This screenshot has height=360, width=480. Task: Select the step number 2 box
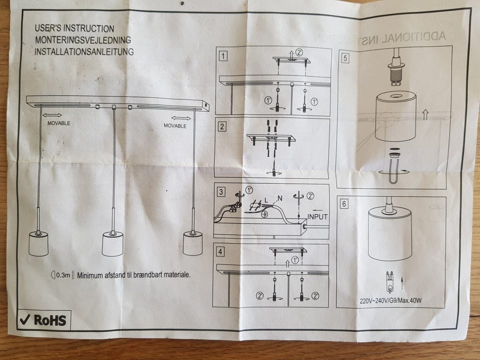pos(221,126)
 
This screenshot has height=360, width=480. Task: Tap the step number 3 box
pos(220,191)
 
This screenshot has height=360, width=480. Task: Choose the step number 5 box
pos(344,57)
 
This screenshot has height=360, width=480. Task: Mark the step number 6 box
pos(343,203)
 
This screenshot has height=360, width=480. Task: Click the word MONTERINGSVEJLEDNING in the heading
pos(83,40)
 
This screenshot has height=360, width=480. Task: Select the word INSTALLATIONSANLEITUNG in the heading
pos(84,51)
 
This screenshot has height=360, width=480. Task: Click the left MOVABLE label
pos(59,123)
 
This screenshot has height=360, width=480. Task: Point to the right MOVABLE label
pos(175,126)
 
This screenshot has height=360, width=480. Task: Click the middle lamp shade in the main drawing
pos(113,244)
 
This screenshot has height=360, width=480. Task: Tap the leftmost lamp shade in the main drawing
pos(38,243)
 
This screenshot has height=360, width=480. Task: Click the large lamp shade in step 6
pos(389,233)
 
